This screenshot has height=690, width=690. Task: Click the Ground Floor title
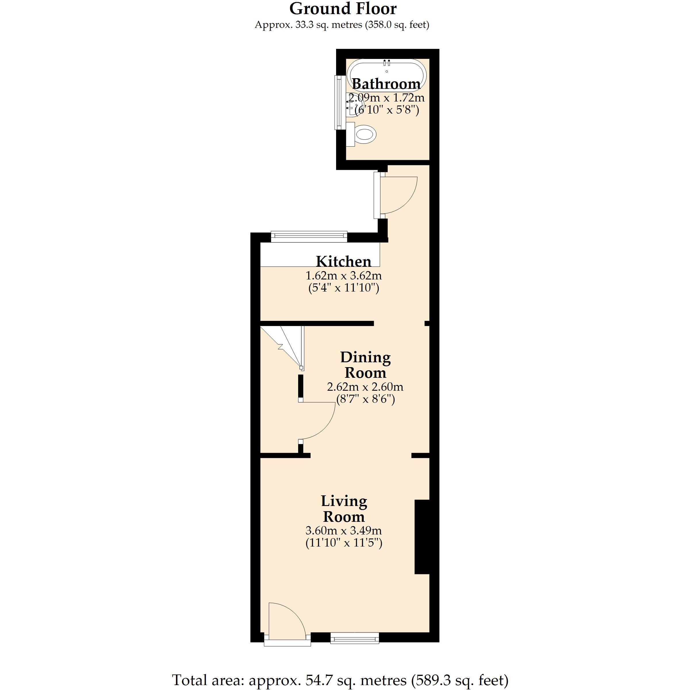pos(343,9)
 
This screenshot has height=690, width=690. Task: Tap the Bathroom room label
pos(386,84)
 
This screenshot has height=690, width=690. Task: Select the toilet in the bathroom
pos(361,135)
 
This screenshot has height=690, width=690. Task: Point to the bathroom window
pos(338,103)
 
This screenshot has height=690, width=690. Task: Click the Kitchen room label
pos(344,261)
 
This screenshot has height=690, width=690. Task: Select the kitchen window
pos(309,236)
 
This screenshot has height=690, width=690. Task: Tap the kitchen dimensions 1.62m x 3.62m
pos(344,276)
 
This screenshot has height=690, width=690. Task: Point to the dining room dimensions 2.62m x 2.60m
pos(365,387)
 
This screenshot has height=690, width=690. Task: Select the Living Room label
pos(344,509)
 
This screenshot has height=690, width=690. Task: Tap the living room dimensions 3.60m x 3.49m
pos(344,530)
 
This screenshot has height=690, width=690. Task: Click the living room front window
pos(355,647)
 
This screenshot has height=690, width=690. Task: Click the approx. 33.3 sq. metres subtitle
pos(342,25)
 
